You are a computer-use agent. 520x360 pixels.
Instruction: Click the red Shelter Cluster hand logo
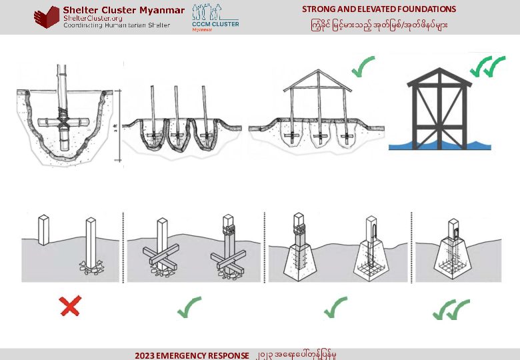click(47, 17)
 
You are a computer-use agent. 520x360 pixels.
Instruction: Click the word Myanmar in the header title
click(161, 10)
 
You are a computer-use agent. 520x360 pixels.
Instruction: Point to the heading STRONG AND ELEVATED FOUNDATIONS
click(379, 9)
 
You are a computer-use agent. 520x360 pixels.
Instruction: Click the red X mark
click(70, 306)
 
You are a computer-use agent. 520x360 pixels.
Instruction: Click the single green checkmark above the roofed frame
click(363, 67)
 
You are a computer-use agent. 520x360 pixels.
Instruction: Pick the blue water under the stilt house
click(439, 144)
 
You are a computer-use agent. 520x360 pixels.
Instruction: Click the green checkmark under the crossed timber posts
click(189, 307)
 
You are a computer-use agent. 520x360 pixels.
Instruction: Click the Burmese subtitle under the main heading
click(379, 25)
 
